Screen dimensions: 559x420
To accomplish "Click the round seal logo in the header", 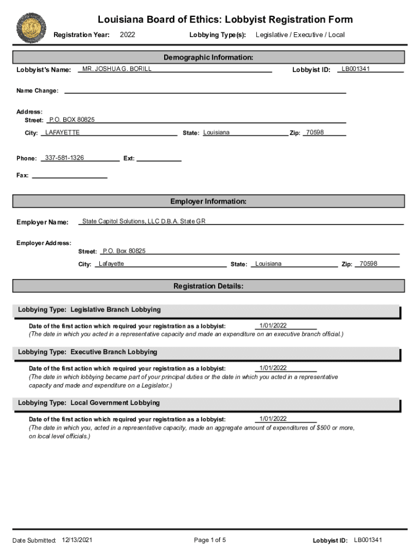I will [31, 28].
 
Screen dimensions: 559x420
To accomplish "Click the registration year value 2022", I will [127, 35].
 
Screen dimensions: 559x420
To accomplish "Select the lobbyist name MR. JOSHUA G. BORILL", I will [117, 69].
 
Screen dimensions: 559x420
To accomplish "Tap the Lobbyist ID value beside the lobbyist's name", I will [356, 69].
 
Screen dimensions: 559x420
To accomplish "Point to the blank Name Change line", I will [205, 91].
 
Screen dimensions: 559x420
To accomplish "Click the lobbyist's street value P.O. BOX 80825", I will [72, 120].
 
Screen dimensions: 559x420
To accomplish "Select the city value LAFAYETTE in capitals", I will [62, 133].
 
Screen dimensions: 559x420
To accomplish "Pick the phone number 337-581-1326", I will [64, 158].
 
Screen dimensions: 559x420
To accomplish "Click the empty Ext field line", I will [158, 159].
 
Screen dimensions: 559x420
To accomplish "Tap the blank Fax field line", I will [70, 176].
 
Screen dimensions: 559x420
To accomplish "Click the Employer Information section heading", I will [208, 201].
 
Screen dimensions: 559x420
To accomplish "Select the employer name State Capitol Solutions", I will [143, 221].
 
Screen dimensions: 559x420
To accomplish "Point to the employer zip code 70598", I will [368, 264].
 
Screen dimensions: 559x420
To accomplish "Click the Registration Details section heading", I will [208, 286].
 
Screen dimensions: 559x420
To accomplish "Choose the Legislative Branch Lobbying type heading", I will [89, 310].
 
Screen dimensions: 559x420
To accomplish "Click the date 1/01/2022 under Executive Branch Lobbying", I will [273, 368].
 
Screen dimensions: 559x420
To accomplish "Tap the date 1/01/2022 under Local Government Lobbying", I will [273, 419].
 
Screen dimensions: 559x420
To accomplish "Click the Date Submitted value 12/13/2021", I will [77, 540].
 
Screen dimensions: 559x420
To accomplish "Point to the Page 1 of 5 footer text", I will [210, 540].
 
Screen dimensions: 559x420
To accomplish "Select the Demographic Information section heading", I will [208, 57].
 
